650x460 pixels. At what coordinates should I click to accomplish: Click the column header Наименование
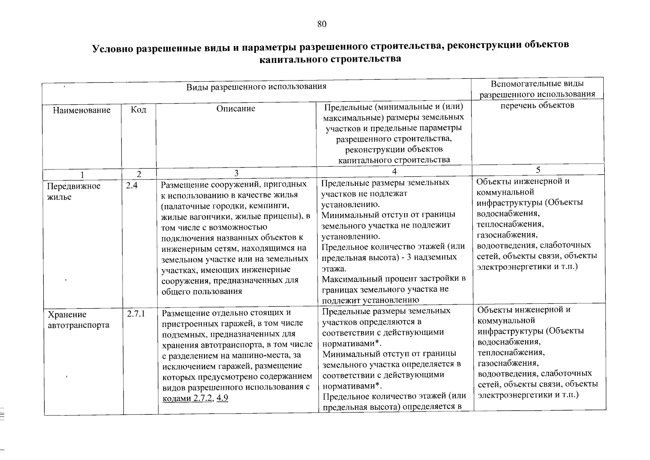coord(81,110)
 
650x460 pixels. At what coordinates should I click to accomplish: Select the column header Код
coord(138,110)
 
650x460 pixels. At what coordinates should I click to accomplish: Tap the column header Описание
coord(236,108)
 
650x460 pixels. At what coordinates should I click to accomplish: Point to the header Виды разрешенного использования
coord(256,87)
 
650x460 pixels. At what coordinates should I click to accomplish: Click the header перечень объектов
coord(537,105)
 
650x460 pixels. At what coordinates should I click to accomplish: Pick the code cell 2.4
coord(132,186)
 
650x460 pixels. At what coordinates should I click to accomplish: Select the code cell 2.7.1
coord(136,314)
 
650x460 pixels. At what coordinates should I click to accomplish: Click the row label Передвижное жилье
coord(74,192)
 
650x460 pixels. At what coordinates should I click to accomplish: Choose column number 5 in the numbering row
coord(538,170)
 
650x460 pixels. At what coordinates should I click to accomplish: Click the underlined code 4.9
coord(222,398)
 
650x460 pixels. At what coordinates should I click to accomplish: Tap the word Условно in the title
coord(112,49)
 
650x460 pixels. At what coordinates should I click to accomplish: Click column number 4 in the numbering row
coord(394,171)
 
